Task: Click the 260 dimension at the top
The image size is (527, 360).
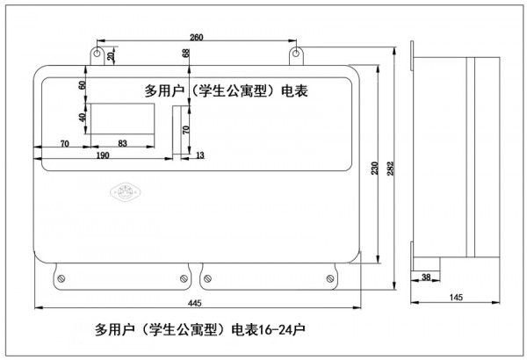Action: [195, 37]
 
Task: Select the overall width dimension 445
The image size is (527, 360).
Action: [195, 303]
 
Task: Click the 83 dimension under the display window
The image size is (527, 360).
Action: [122, 142]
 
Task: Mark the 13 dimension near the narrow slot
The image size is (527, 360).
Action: [199, 155]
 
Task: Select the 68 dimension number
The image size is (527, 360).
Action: [186, 54]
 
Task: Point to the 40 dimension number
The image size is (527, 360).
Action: [82, 118]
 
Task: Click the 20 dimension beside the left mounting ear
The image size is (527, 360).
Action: [110, 56]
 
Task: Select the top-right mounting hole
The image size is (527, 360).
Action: [298, 55]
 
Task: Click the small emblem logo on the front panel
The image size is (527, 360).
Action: [120, 191]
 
